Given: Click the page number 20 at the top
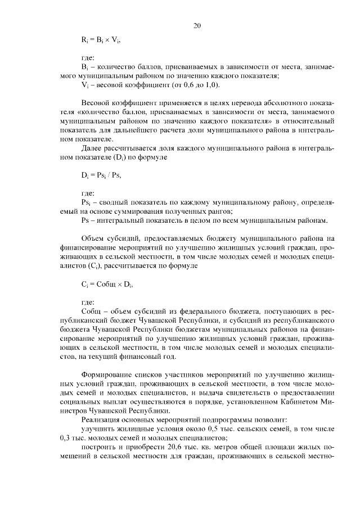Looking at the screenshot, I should tap(197, 25).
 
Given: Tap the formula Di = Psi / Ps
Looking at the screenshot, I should tap(101, 175).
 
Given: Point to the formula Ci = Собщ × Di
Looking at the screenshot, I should tap(107, 285).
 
